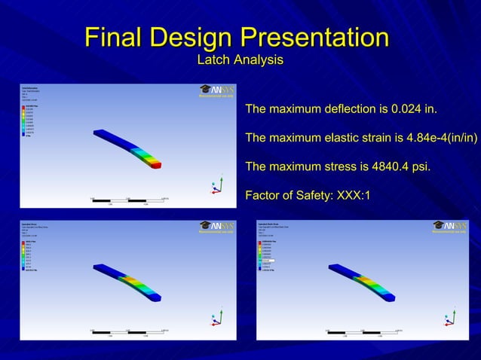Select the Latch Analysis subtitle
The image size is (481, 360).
coord(240,59)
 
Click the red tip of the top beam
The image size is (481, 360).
coord(156,165)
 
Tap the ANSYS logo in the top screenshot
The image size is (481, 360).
coord(217,90)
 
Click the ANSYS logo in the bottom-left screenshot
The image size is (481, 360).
coord(217,226)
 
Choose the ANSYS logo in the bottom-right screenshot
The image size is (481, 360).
coord(451,226)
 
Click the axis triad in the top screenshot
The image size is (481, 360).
coord(217,188)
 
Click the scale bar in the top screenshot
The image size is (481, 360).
coord(129,200)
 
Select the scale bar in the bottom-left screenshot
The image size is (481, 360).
coord(129,331)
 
